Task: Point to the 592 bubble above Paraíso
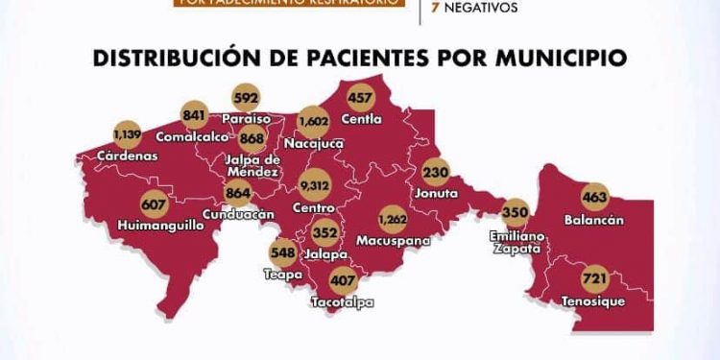[247, 98]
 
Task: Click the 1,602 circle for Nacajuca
[314, 122]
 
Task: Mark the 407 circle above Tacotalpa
[343, 281]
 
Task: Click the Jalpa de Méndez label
[254, 164]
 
